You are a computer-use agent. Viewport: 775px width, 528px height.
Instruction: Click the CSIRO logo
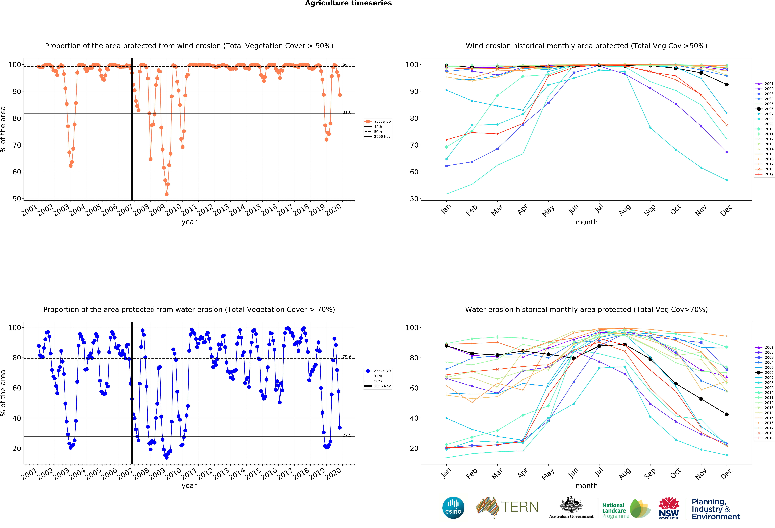(x=453, y=508)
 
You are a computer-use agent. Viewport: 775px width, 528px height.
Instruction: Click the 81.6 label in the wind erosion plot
(x=347, y=112)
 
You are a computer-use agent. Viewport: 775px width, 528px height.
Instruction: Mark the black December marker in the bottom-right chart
(x=727, y=414)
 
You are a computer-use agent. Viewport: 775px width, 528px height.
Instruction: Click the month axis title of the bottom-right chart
(x=586, y=486)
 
